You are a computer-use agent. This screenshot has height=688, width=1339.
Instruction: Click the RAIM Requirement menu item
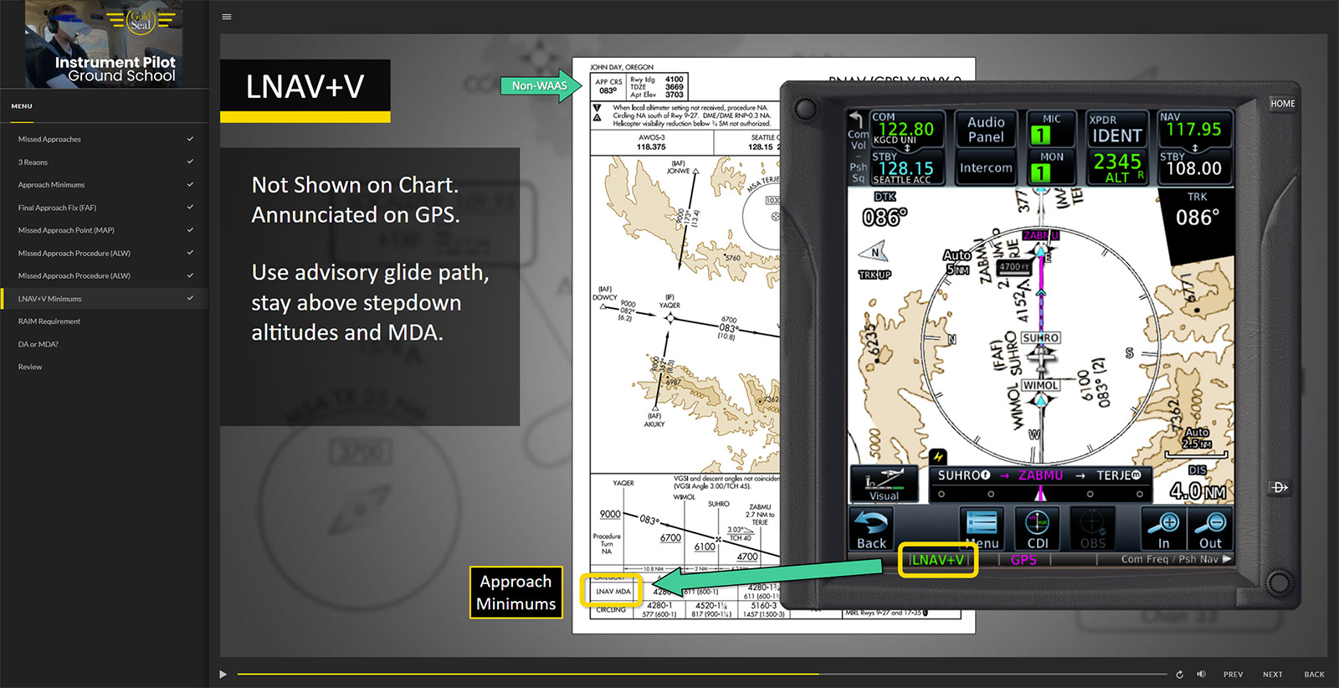(49, 321)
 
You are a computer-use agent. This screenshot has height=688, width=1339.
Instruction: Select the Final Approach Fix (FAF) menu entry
(57, 208)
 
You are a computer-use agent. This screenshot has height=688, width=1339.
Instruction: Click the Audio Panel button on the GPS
(986, 130)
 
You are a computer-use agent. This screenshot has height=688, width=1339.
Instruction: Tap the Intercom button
(986, 168)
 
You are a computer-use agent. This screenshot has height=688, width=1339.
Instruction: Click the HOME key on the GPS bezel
(1282, 104)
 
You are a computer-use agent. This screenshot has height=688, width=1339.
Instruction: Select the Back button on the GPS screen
(871, 531)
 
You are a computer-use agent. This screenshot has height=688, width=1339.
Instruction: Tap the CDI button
(1038, 531)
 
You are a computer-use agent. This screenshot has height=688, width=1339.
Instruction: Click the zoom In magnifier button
(1163, 531)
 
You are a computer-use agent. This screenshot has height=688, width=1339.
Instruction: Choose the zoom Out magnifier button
(1210, 531)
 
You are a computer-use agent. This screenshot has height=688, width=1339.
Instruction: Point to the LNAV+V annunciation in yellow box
(937, 560)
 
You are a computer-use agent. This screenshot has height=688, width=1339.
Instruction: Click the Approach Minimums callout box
(516, 593)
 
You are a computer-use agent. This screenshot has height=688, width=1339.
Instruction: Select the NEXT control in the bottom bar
(1272, 675)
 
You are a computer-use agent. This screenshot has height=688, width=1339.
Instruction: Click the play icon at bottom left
(223, 675)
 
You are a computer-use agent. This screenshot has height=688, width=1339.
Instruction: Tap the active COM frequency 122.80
(905, 129)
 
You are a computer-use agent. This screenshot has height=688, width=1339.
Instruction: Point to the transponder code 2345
(1116, 162)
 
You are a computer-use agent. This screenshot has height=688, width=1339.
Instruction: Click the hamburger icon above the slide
(227, 17)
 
